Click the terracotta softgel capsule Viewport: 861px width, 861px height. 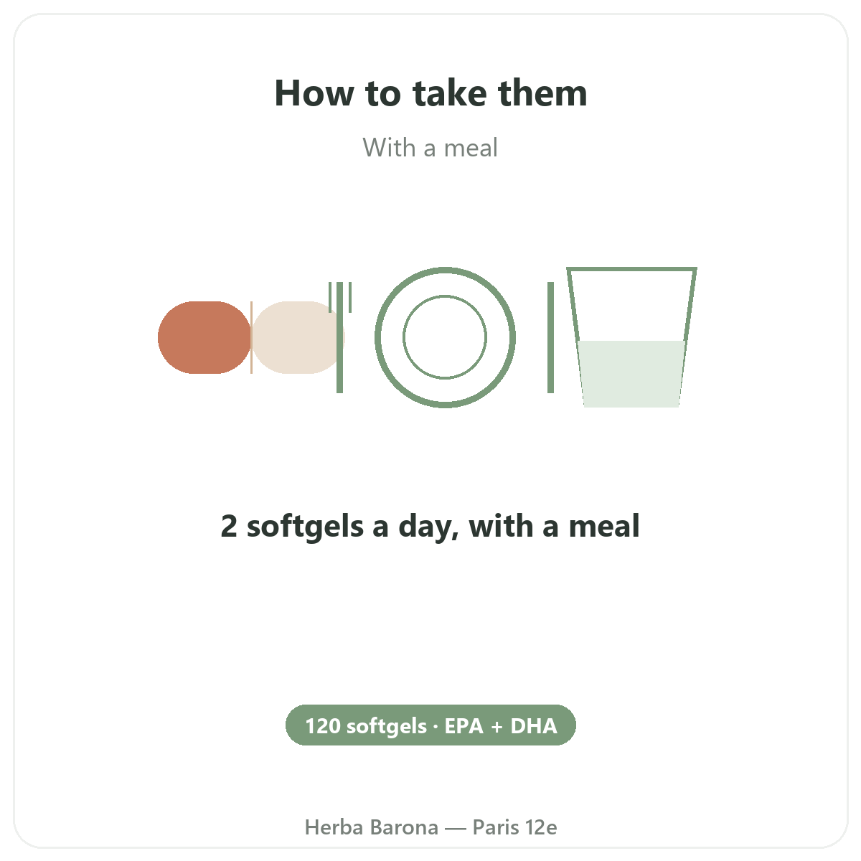click(x=204, y=337)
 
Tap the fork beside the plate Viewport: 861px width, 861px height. click(x=339, y=337)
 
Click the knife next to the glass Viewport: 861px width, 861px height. click(x=550, y=337)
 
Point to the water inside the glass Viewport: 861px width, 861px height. click(x=631, y=374)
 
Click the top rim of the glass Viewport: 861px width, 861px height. click(x=631, y=269)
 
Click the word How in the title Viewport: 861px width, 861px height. click(x=314, y=93)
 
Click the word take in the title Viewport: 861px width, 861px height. click(x=449, y=93)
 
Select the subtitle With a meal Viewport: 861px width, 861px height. click(x=430, y=148)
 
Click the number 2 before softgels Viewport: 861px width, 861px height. click(x=229, y=526)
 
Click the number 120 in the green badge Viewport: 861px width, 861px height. click(x=323, y=726)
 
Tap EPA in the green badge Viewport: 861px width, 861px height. click(x=464, y=726)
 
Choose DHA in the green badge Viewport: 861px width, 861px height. click(x=534, y=726)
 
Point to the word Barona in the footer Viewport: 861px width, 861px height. click(x=405, y=827)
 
